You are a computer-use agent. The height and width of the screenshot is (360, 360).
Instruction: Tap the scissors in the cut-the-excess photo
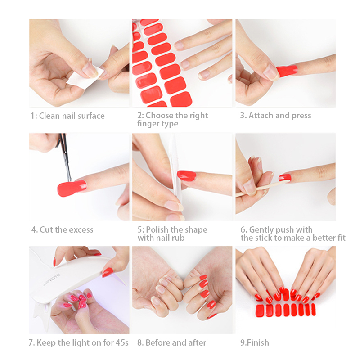64,156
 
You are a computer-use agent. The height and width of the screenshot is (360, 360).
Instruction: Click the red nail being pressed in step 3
287,71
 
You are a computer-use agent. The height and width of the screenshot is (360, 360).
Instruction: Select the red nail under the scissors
72,188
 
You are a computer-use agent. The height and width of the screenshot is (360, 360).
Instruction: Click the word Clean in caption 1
49,116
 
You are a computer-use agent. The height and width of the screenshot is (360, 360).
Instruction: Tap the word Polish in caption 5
157,229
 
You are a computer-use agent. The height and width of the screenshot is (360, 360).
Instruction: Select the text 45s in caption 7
122,342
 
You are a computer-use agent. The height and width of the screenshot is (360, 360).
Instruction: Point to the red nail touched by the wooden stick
285,177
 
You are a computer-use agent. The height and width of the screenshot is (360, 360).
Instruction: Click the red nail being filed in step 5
186,175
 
